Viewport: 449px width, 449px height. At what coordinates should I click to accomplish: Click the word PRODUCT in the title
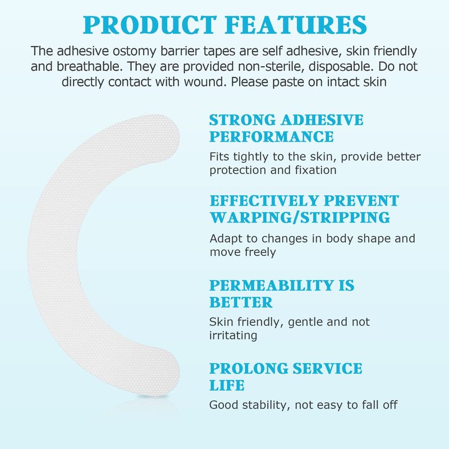(x=149, y=25)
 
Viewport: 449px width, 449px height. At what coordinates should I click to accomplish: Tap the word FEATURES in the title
(x=296, y=25)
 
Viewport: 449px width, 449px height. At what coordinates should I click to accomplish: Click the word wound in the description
(x=205, y=82)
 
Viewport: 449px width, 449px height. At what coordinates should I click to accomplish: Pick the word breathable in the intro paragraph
(x=90, y=66)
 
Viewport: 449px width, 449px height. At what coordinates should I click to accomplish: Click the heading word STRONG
(x=243, y=120)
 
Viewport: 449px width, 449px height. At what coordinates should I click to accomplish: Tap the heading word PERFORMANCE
(x=272, y=136)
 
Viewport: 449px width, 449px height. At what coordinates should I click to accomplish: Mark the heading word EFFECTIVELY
(x=264, y=201)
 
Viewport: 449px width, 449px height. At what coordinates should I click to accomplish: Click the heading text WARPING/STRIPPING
(x=300, y=217)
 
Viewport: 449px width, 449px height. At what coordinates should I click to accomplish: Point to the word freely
(x=260, y=252)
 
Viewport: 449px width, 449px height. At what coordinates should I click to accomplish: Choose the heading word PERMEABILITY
(x=272, y=286)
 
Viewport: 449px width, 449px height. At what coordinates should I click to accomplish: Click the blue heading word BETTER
(x=241, y=303)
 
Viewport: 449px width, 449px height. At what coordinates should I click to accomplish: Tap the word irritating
(x=233, y=335)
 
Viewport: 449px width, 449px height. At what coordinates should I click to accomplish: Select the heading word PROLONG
(x=249, y=369)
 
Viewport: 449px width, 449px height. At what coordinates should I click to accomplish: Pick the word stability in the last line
(x=266, y=405)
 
